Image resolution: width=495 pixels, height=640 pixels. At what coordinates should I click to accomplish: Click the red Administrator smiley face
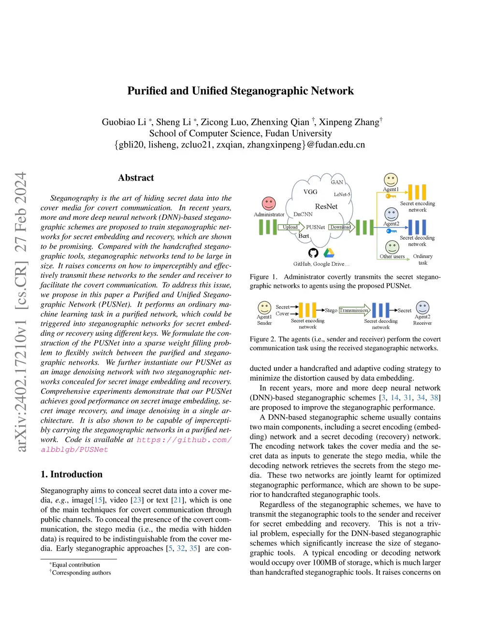click(x=269, y=203)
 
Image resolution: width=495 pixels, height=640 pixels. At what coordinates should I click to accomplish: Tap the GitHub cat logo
click(x=313, y=253)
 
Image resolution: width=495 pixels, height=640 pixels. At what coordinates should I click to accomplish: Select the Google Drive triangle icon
click(x=329, y=253)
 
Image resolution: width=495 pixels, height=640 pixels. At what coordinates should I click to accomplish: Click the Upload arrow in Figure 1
click(x=291, y=227)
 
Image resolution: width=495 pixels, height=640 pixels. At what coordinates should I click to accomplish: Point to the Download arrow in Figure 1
click(x=341, y=227)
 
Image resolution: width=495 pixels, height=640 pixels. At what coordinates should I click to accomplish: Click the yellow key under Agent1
click(x=391, y=196)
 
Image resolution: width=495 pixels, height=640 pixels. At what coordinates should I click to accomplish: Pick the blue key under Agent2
click(x=391, y=231)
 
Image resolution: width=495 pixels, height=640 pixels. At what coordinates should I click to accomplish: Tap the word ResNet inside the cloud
click(x=326, y=207)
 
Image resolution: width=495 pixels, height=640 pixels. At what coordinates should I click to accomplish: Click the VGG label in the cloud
click(x=310, y=192)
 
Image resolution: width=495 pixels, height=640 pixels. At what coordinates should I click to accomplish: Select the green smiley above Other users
click(x=392, y=247)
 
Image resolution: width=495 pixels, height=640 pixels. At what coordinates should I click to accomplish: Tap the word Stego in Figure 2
click(x=331, y=310)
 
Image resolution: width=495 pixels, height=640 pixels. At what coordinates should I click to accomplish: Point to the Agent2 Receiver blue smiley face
click(x=422, y=307)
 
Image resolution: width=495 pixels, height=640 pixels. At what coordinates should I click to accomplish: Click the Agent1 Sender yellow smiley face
click(x=264, y=307)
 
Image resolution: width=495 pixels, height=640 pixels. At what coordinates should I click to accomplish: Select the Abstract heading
click(x=136, y=178)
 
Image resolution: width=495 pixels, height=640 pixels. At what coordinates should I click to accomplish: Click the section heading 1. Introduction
click(x=72, y=474)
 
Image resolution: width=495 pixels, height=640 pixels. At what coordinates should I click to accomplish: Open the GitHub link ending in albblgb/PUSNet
click(x=74, y=450)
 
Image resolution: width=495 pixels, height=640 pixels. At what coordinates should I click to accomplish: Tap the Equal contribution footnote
click(x=76, y=565)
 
